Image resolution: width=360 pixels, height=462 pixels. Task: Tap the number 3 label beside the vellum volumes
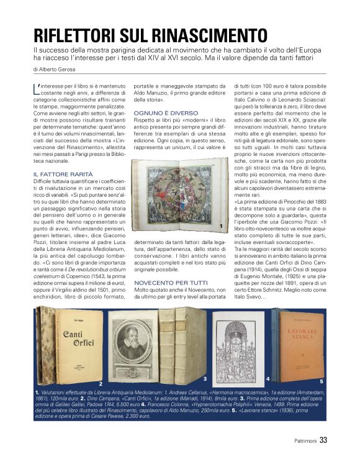point(204,378)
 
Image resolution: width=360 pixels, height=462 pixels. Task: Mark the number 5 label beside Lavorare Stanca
point(321,381)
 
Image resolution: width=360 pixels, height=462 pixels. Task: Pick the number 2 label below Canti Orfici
point(100,384)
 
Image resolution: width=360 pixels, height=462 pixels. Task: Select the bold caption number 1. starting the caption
point(37,393)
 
